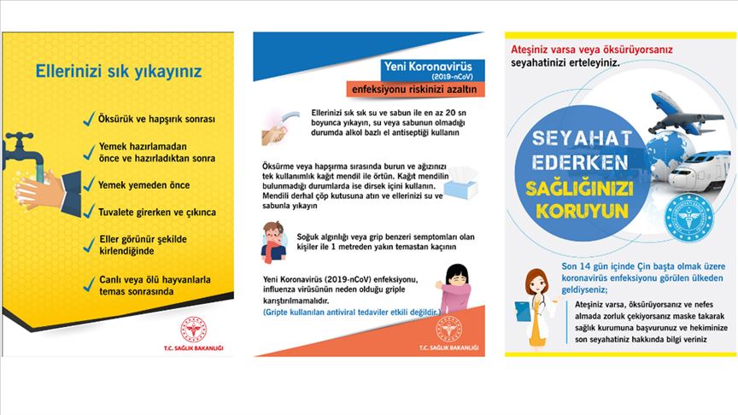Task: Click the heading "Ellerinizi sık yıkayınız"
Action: coord(118,71)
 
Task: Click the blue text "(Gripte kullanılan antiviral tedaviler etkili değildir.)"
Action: coord(352,313)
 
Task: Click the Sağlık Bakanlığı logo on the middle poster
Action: coord(448,329)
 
